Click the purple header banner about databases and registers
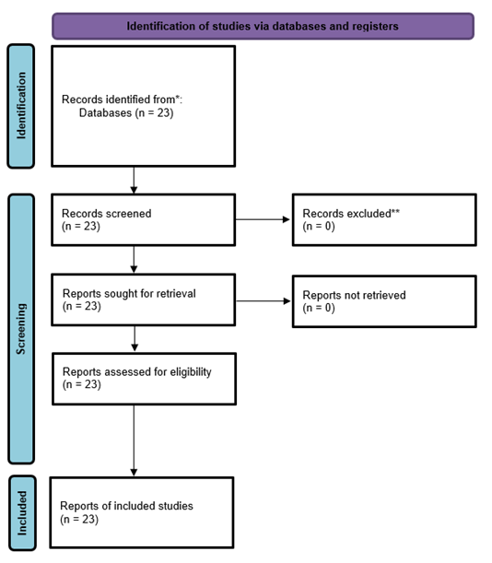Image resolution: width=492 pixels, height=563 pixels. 263,26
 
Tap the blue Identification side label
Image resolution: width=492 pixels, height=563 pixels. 21,106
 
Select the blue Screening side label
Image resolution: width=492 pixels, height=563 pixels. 21,329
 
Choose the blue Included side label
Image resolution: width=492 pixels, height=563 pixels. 22,512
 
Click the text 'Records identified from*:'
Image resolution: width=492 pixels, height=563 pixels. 123,100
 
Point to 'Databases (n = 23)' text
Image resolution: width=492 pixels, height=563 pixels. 126,112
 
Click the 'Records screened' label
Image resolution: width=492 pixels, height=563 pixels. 107,213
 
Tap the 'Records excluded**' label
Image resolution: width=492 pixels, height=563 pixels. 351,213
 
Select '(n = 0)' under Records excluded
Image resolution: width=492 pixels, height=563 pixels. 319,226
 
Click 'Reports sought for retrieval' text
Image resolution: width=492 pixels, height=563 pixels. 129,293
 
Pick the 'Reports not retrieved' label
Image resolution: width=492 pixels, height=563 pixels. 354,295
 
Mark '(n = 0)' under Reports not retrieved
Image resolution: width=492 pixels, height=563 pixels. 319,308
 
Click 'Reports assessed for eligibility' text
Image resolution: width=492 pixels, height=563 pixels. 137,371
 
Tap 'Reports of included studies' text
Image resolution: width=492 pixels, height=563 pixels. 126,506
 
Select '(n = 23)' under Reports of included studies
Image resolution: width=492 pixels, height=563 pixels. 79,519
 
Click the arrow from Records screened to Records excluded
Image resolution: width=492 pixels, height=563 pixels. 263,219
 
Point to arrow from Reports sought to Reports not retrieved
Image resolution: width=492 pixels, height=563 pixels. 263,301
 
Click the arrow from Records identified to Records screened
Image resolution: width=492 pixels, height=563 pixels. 134,181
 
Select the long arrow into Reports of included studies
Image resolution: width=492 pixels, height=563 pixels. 134,440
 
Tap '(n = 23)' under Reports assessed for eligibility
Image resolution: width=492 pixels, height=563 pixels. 82,384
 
